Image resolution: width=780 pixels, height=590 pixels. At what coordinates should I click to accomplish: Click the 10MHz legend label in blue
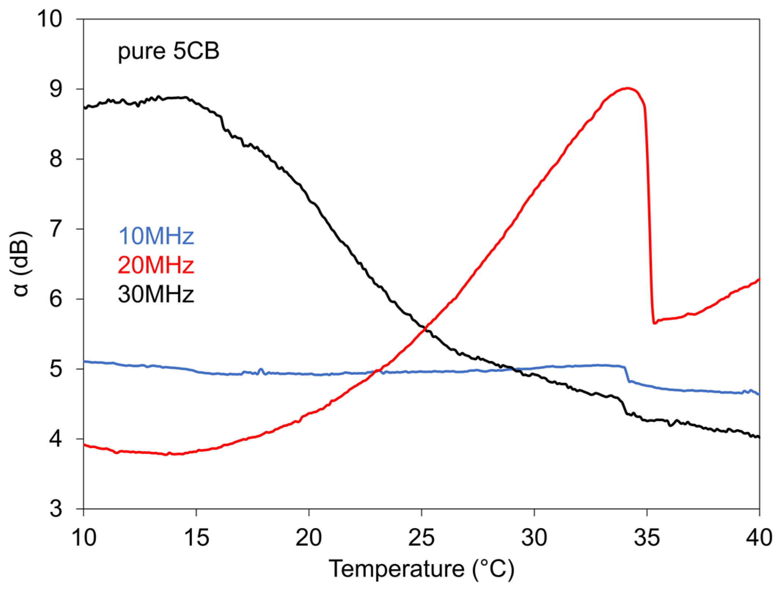point(156,236)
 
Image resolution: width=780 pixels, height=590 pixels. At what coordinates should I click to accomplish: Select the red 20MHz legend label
point(156,265)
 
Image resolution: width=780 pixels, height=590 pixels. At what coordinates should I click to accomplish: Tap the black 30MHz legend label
point(156,294)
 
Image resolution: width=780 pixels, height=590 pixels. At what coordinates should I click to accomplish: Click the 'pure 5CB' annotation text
point(168,51)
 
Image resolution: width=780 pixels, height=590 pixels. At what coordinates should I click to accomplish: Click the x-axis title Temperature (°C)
point(421,569)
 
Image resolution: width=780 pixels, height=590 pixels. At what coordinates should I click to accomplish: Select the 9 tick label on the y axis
point(56,89)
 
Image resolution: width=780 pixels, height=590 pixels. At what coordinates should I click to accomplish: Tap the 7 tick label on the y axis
point(56,229)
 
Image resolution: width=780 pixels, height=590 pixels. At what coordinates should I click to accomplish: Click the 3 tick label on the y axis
point(56,509)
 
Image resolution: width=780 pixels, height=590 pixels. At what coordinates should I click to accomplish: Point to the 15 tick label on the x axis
point(196,538)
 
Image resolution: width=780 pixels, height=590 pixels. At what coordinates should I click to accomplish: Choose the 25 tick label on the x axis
point(421,538)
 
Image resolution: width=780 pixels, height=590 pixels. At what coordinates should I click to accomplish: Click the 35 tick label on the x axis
point(647,538)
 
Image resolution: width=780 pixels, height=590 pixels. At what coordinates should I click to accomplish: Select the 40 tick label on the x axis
point(758,538)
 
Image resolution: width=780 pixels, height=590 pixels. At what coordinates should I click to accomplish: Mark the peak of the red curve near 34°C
point(628,88)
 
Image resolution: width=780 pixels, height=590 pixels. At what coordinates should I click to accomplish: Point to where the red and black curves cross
point(425,329)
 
